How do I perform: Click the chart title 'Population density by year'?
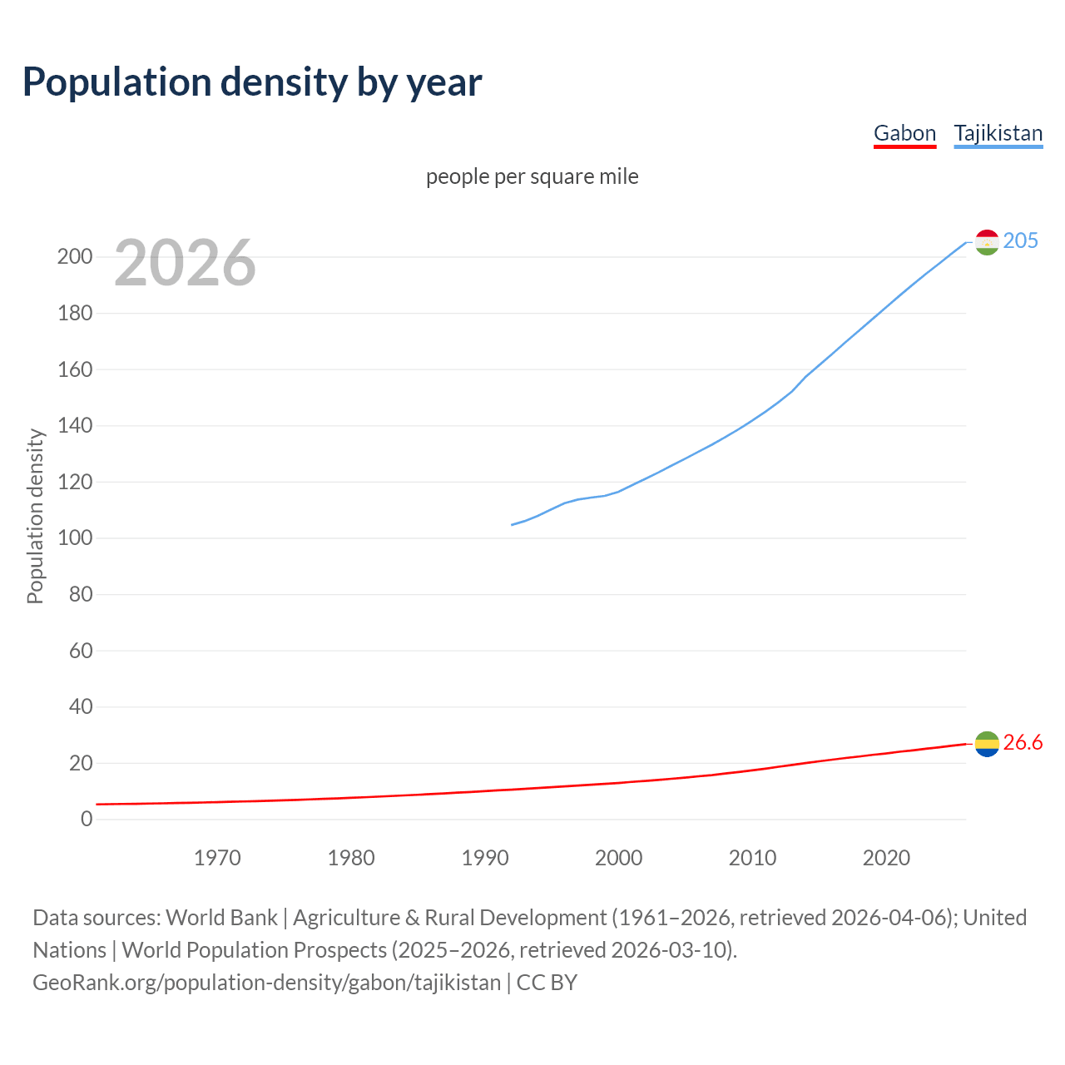pyautogui.click(x=252, y=82)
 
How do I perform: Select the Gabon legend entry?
pyautogui.click(x=904, y=133)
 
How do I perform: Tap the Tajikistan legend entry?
pyautogui.click(x=998, y=133)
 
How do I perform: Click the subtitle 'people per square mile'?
pyautogui.click(x=532, y=176)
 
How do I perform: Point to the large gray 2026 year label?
pyautogui.click(x=185, y=263)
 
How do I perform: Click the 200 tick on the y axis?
pyautogui.click(x=74, y=256)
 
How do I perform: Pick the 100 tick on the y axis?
pyautogui.click(x=74, y=537)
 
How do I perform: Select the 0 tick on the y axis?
pyautogui.click(x=87, y=819)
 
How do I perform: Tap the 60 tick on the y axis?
pyautogui.click(x=80, y=650)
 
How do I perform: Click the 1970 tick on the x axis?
pyautogui.click(x=217, y=858)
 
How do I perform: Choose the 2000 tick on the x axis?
pyautogui.click(x=618, y=858)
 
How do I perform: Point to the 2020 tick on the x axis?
pyautogui.click(x=886, y=858)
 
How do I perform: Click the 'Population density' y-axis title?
pyautogui.click(x=35, y=516)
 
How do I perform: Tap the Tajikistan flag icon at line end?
pyautogui.click(x=986, y=242)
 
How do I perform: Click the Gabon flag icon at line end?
pyautogui.click(x=986, y=744)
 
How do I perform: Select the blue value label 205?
pyautogui.click(x=1020, y=240)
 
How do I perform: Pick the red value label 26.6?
pyautogui.click(x=1023, y=742)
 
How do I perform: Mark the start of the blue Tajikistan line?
pyautogui.click(x=512, y=524)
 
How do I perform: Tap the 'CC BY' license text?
pyautogui.click(x=547, y=982)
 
